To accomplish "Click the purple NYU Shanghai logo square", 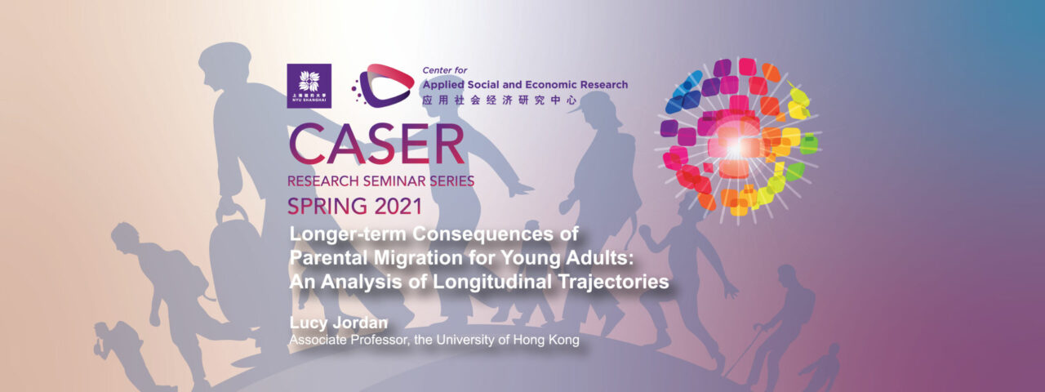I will coord(309,86).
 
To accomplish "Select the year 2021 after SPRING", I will coord(391,204).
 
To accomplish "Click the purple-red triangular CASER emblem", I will coord(382,86).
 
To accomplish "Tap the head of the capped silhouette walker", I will coord(602,106).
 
